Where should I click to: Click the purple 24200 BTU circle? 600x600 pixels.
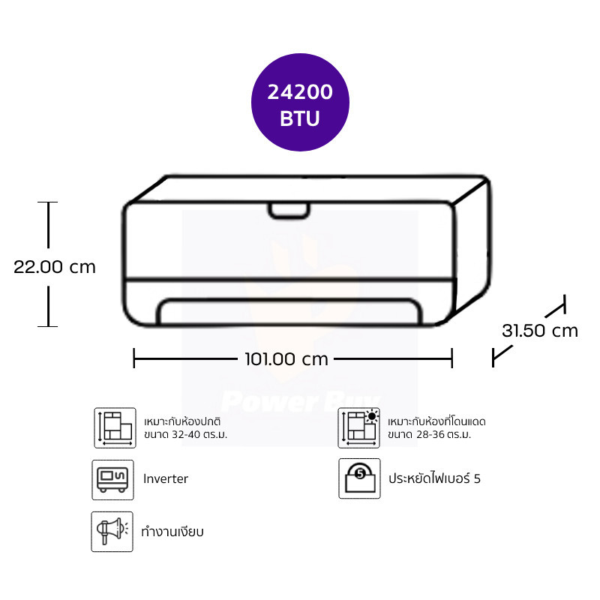[x=300, y=102]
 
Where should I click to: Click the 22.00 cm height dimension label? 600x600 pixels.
[x=54, y=267]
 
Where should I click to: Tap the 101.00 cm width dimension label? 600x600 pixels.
[x=286, y=359]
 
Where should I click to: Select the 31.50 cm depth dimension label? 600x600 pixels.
[x=539, y=331]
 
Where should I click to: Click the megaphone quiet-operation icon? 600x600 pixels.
[x=112, y=532]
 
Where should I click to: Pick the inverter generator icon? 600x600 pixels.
[x=113, y=480]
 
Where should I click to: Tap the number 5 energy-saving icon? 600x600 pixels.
[x=359, y=478]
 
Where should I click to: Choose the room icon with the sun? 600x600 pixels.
[x=359, y=427]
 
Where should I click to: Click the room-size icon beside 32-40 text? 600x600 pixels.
[x=115, y=427]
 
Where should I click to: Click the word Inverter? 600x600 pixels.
[x=166, y=478]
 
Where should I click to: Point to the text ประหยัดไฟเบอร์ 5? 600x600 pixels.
[x=434, y=478]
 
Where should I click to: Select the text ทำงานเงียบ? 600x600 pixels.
[x=172, y=532]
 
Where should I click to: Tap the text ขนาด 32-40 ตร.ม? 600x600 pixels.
[x=185, y=435]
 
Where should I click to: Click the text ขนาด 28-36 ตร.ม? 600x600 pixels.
[x=429, y=435]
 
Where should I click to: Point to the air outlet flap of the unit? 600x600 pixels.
[x=289, y=311]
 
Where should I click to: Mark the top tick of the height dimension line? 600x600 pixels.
[x=48, y=202]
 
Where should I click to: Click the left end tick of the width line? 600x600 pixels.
[x=134, y=358]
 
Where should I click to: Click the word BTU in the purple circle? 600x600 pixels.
[x=299, y=118]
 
